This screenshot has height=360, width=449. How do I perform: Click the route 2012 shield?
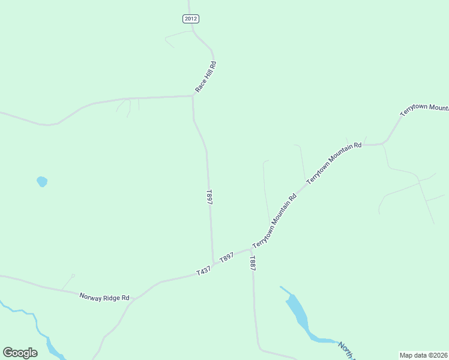191,19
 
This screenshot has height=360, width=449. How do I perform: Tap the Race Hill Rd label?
205,77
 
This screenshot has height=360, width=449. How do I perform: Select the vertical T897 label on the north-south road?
209,198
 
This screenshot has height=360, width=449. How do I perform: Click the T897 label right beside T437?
226,257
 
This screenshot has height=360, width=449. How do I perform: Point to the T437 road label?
204,271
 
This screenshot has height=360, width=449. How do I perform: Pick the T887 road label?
253,263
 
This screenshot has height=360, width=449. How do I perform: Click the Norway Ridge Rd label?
104,297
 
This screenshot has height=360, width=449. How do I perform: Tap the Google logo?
20,353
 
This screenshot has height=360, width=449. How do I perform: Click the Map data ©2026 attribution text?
424,355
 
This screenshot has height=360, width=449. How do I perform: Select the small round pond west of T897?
41,181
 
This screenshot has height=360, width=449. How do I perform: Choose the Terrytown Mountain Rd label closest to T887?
275,221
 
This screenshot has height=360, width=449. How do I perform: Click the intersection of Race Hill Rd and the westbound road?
192,96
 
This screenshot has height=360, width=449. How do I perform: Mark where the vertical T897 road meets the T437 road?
214,263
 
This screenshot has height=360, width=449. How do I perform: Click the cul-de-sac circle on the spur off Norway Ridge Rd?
73,275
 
